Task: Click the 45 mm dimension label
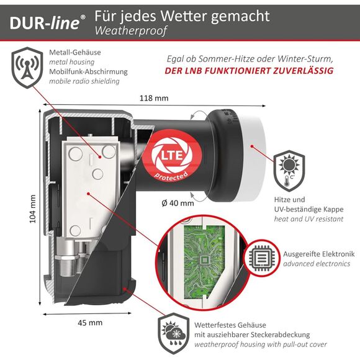tap(90, 323)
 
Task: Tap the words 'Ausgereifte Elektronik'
tap(317, 253)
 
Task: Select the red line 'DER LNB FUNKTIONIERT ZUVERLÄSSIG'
tap(249, 71)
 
